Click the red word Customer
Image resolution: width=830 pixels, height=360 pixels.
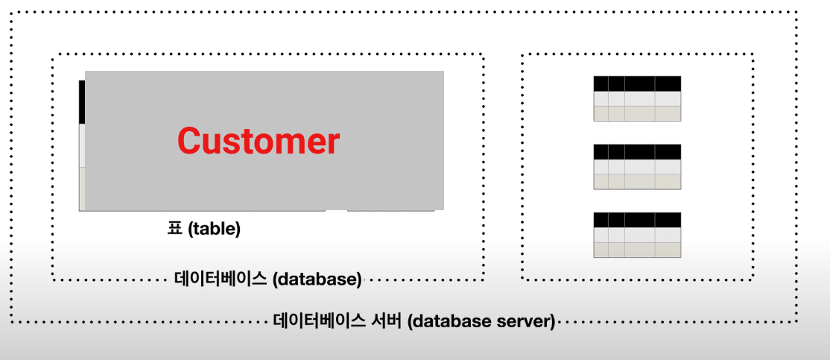(258, 140)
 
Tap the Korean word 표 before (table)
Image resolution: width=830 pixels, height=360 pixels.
(174, 229)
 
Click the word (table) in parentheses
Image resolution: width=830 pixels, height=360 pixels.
(214, 229)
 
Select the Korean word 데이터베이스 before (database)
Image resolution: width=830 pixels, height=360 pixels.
(221, 280)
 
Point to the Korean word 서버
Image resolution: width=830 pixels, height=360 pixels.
(388, 322)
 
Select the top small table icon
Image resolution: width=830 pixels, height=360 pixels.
(637, 98)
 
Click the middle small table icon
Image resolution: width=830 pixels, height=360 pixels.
(637, 167)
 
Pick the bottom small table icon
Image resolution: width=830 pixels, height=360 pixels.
(637, 235)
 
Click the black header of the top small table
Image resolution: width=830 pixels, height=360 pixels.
(637, 83)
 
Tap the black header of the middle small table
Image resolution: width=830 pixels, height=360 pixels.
(637, 151)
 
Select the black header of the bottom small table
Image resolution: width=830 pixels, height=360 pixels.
(637, 220)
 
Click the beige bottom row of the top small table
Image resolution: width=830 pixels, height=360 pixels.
(637, 113)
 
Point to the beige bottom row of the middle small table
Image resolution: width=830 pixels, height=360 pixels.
(637, 182)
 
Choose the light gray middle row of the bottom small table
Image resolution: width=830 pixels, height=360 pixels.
(637, 235)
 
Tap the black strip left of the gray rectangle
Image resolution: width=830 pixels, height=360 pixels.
(81, 101)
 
